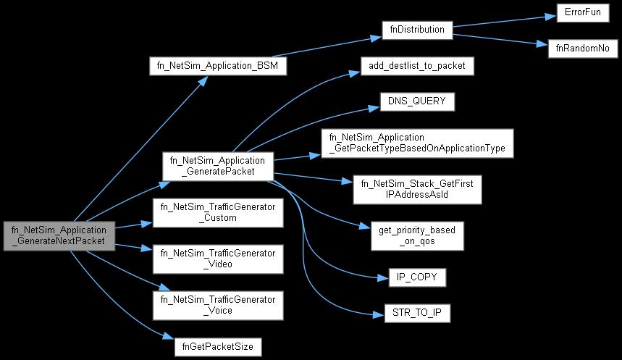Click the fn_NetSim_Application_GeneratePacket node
(217, 167)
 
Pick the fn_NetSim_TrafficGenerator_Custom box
(217, 213)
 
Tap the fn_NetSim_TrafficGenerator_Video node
(217, 258)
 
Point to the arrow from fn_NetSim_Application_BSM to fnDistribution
(333, 48)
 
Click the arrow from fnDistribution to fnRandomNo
(500, 38)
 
